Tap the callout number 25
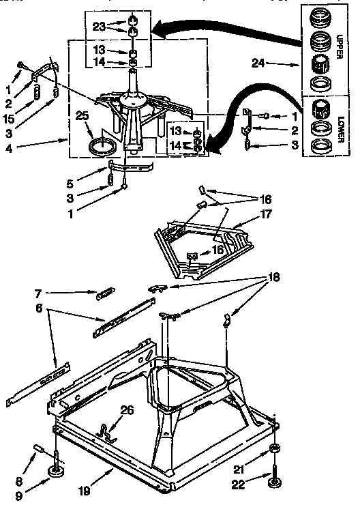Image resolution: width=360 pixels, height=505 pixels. (82, 117)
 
